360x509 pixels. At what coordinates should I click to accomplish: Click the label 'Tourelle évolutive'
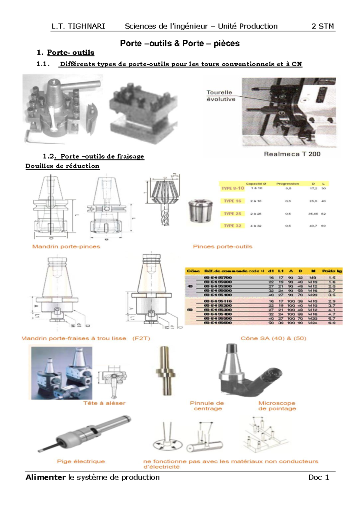point(221,96)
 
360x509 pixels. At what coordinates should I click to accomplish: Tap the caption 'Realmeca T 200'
point(292,154)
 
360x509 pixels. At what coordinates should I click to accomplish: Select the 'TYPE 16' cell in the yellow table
point(232,201)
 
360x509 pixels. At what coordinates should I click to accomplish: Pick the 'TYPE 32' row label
point(232,226)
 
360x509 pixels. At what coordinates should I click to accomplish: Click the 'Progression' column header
point(287,183)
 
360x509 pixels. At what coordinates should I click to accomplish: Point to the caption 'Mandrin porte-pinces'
point(66,246)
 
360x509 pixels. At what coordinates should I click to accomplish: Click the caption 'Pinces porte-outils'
point(222,246)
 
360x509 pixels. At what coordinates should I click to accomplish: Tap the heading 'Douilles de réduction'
point(62,166)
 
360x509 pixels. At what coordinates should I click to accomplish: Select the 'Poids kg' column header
point(332,271)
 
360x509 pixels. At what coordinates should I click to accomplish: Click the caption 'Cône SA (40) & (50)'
point(273,338)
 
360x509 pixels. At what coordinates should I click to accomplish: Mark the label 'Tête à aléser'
point(104,403)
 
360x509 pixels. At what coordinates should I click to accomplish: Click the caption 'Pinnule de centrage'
point(207,406)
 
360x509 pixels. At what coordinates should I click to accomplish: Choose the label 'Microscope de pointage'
point(277,406)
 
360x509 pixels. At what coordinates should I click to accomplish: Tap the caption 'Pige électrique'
point(81,461)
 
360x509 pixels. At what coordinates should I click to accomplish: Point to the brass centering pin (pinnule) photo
point(165,371)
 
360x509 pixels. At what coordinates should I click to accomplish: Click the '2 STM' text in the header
point(322,26)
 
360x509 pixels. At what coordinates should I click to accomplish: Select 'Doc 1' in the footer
point(319,477)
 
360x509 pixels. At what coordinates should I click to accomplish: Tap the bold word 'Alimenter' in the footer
point(45,477)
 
